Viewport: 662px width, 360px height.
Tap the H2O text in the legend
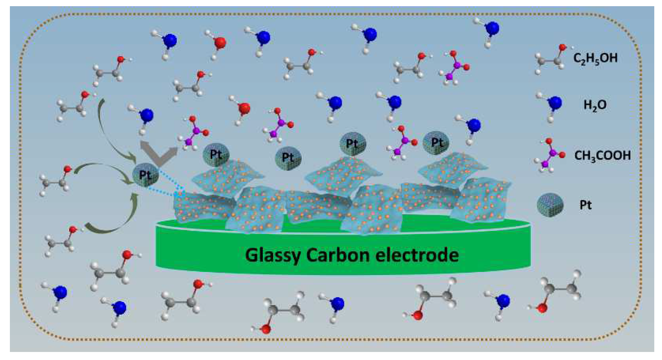[x=595, y=105]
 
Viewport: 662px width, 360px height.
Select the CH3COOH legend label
[x=602, y=155]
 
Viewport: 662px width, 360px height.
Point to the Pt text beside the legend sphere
[x=585, y=205]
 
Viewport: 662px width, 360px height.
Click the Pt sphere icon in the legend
[x=550, y=204]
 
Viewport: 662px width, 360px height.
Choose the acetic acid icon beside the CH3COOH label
[x=550, y=155]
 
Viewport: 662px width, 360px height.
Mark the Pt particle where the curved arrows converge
[x=145, y=175]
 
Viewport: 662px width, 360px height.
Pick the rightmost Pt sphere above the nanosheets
[x=436, y=143]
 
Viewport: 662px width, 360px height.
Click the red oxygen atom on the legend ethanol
[x=563, y=48]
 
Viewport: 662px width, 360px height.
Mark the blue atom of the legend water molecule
[x=555, y=103]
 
